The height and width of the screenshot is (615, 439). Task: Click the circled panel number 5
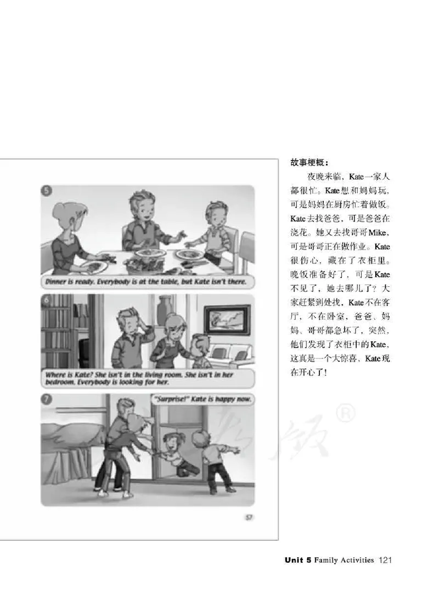pyautogui.click(x=48, y=192)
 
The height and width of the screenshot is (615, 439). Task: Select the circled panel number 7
pyautogui.click(x=48, y=400)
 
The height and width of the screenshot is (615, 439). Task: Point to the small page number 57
pyautogui.click(x=248, y=516)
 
